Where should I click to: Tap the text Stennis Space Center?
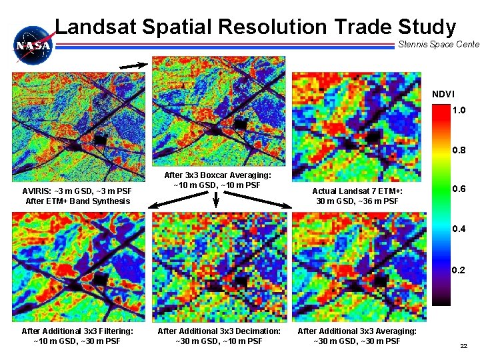click(438, 45)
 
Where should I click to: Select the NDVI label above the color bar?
click(443, 94)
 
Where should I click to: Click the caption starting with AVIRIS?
click(77, 196)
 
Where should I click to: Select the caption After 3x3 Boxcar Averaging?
click(216, 180)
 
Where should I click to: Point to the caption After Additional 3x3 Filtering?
click(77, 336)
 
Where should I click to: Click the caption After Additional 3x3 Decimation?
click(219, 336)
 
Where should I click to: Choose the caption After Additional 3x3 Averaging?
click(357, 336)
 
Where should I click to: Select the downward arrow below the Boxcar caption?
click(217, 199)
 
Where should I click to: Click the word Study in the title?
click(427, 27)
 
